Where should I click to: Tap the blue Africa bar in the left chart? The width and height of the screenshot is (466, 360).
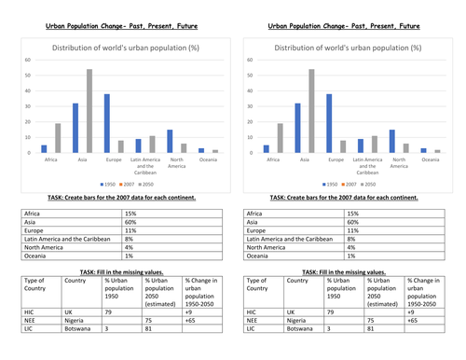pos(43,148)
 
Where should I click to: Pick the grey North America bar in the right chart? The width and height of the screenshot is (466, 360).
pos(407,147)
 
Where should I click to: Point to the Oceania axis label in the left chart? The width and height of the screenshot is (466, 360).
pos(209,159)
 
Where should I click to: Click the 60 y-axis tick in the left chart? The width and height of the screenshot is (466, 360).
pos(27,59)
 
